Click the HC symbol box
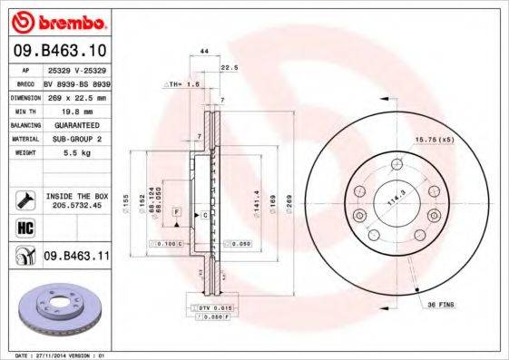[x=25, y=226]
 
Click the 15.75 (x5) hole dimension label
[x=433, y=139]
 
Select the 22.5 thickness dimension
[x=229, y=67]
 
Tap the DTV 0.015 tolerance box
[x=208, y=309]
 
